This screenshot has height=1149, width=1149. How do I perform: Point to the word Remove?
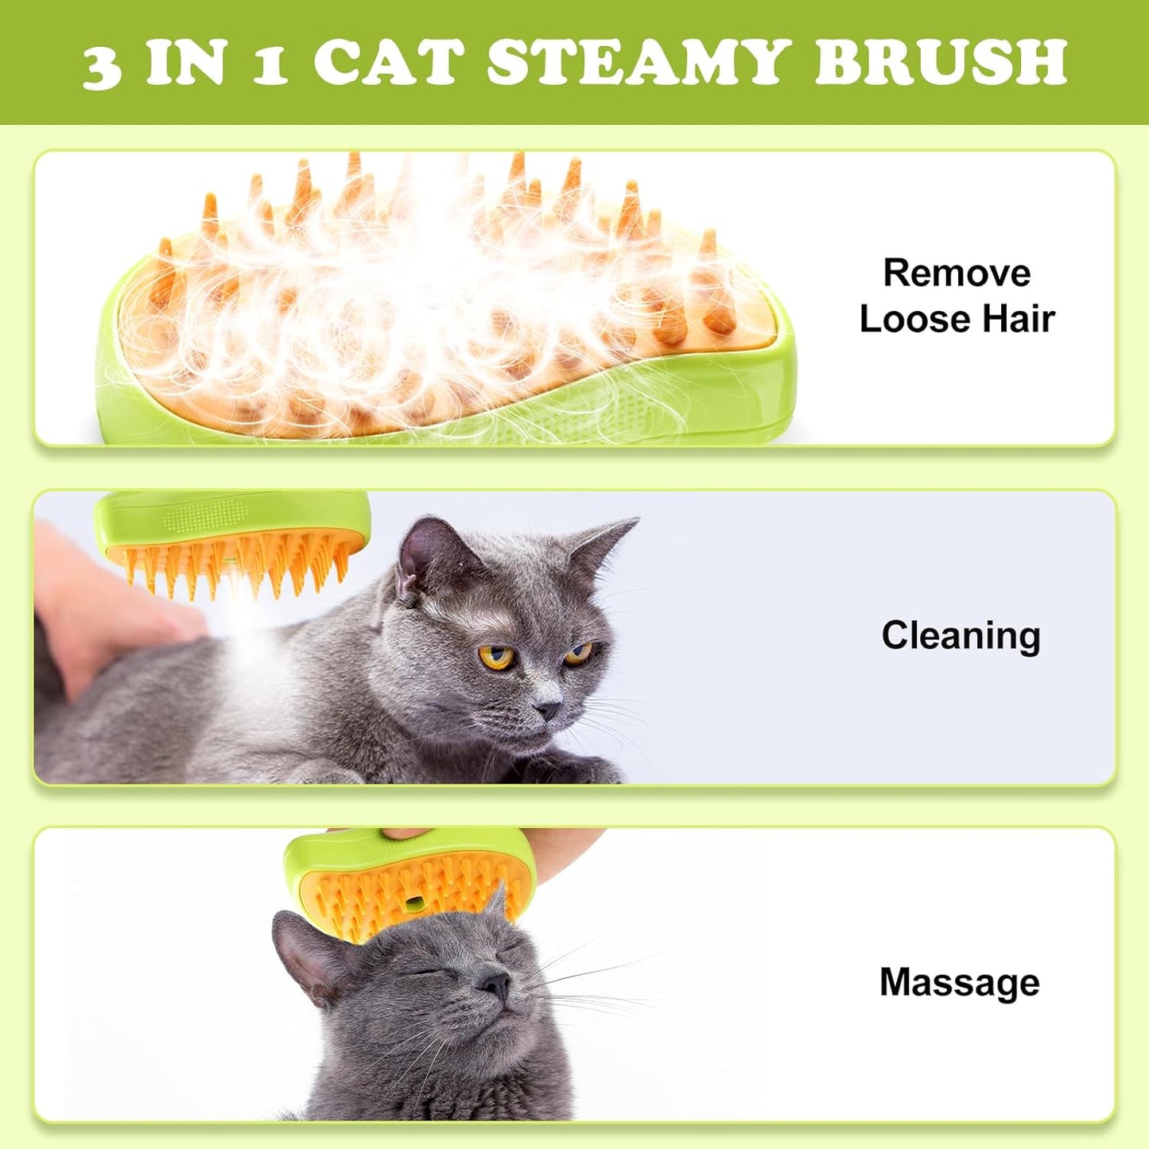(957, 274)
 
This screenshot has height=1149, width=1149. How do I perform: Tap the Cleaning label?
(961, 636)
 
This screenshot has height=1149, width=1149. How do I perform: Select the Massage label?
(959, 983)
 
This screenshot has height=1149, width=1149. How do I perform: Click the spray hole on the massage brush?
(413, 903)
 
